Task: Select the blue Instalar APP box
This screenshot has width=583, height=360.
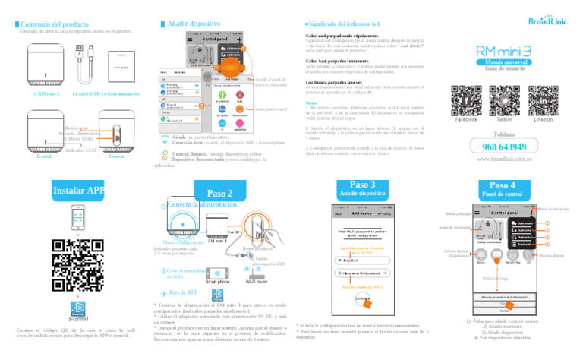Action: pyautogui.click(x=74, y=190)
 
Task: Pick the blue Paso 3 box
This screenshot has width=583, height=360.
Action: pyautogui.click(x=362, y=188)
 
